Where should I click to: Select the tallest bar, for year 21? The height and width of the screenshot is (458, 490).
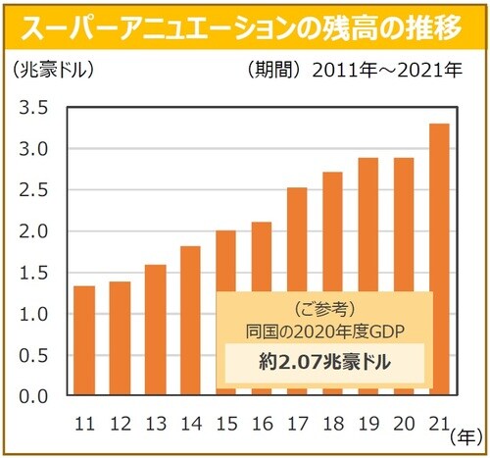[439, 260]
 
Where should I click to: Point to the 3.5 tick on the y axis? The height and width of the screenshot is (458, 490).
[31, 108]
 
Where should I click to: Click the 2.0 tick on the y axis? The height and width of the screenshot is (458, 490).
[31, 232]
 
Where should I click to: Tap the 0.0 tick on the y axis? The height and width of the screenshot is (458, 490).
[31, 397]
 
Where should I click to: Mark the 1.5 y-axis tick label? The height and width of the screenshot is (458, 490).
[31, 274]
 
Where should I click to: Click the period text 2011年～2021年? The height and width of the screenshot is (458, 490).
[392, 72]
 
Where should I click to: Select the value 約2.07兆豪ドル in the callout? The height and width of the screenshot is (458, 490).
[323, 361]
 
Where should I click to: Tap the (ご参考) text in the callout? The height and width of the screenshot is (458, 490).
[323, 306]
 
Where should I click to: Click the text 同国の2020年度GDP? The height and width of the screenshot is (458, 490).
[323, 327]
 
